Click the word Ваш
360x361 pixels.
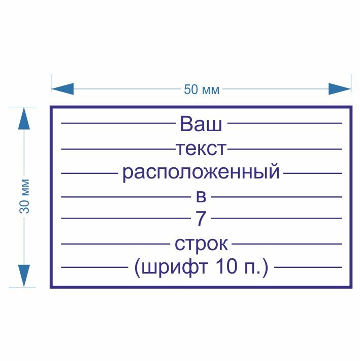[201, 124]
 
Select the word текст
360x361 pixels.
[201, 149]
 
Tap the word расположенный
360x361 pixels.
[201, 173]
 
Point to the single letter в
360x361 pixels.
[201, 197]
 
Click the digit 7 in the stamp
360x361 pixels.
[201, 219]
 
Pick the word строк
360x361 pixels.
[201, 244]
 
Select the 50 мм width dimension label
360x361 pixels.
[202, 90]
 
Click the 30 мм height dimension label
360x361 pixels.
[26, 197]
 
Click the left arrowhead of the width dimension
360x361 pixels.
[62, 89]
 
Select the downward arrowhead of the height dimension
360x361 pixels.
[24, 276]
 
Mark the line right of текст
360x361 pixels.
[284, 149]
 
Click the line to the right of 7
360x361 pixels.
[276, 219]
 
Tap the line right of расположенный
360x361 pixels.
[313, 173]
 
